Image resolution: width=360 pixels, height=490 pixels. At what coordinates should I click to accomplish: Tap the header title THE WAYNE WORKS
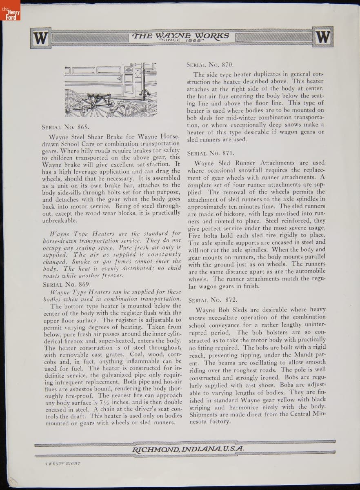tap(181, 36)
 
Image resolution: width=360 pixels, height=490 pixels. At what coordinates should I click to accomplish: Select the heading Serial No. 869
tap(67, 284)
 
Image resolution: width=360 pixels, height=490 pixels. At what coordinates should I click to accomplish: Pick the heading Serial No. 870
tap(210, 65)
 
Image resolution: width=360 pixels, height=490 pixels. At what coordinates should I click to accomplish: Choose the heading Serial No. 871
tap(210, 154)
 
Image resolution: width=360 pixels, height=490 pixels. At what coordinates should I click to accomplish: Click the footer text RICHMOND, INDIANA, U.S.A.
tap(188, 448)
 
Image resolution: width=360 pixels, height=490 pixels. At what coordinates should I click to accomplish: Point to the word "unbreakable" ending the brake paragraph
tap(59, 220)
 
